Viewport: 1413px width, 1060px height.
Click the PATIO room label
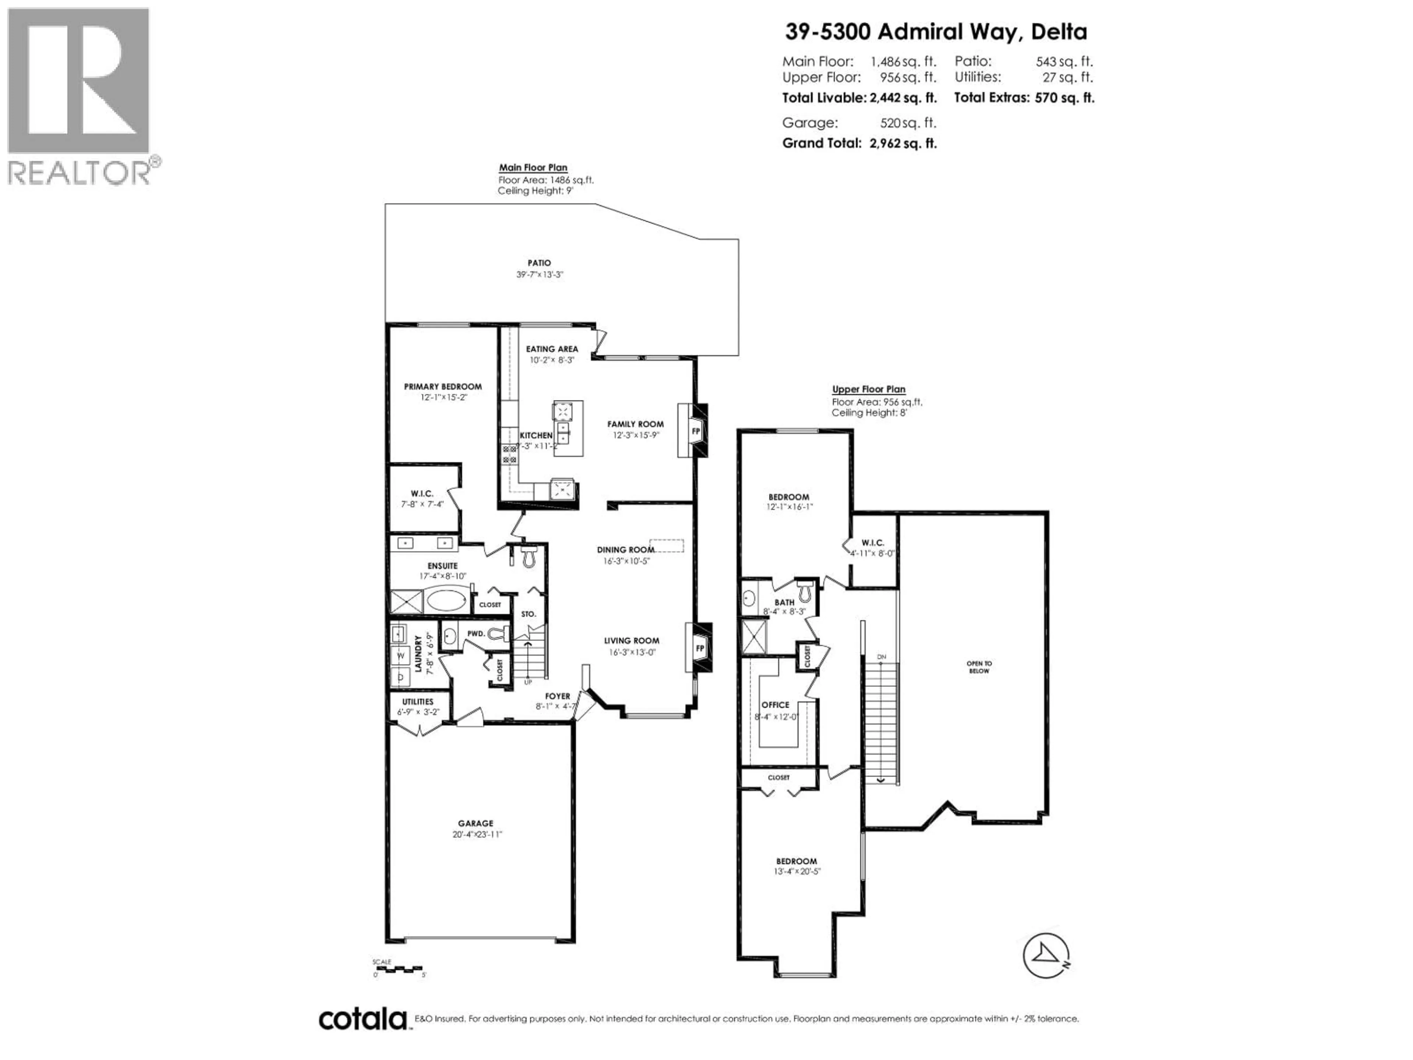tap(539, 262)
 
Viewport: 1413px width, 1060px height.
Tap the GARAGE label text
tap(475, 824)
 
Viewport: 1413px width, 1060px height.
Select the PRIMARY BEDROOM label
tap(443, 386)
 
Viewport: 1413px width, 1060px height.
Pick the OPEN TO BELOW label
tap(979, 667)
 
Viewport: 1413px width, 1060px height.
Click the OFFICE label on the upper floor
tap(775, 705)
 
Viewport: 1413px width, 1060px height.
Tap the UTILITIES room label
tap(418, 702)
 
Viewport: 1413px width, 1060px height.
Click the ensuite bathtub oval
tap(446, 601)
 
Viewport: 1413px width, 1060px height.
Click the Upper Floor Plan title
tap(868, 389)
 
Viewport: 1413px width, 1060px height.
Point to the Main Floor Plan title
tap(533, 167)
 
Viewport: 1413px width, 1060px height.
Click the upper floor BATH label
tap(785, 602)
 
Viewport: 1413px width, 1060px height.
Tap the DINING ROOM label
tap(626, 550)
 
